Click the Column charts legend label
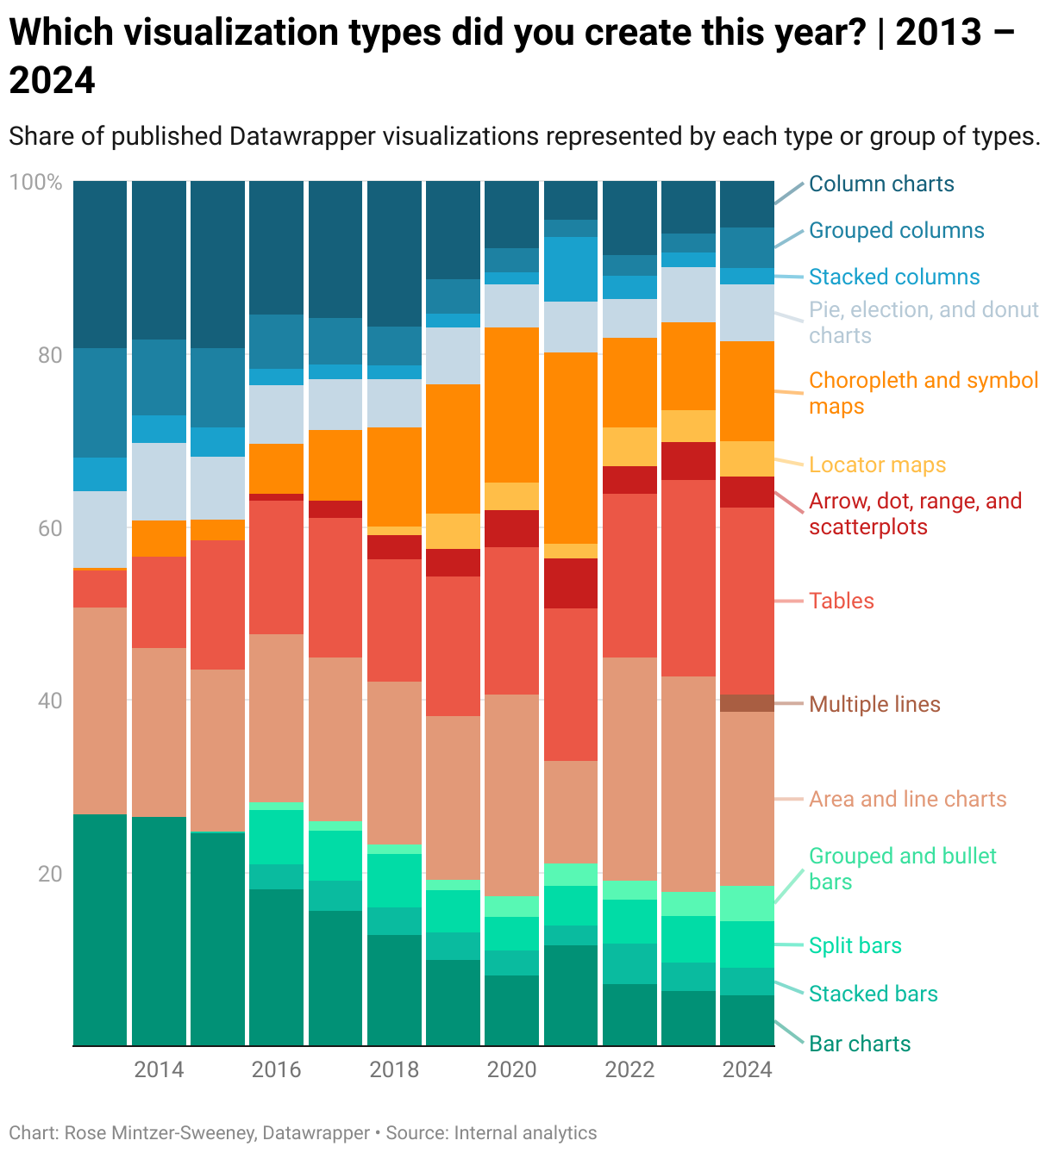(x=881, y=184)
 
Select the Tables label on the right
(x=841, y=601)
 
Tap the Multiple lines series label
(x=874, y=704)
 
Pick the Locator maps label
(x=877, y=465)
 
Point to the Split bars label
(x=855, y=945)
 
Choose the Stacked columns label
(x=894, y=277)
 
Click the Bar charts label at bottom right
(x=860, y=1044)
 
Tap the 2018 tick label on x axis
(x=394, y=1069)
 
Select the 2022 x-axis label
(x=629, y=1069)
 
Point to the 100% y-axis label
(x=35, y=183)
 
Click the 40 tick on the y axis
(x=50, y=701)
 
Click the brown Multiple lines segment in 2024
(x=747, y=703)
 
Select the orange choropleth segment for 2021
(x=570, y=448)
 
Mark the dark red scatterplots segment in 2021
(x=570, y=583)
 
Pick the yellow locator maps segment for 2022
(x=629, y=446)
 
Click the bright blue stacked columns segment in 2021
(x=570, y=269)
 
